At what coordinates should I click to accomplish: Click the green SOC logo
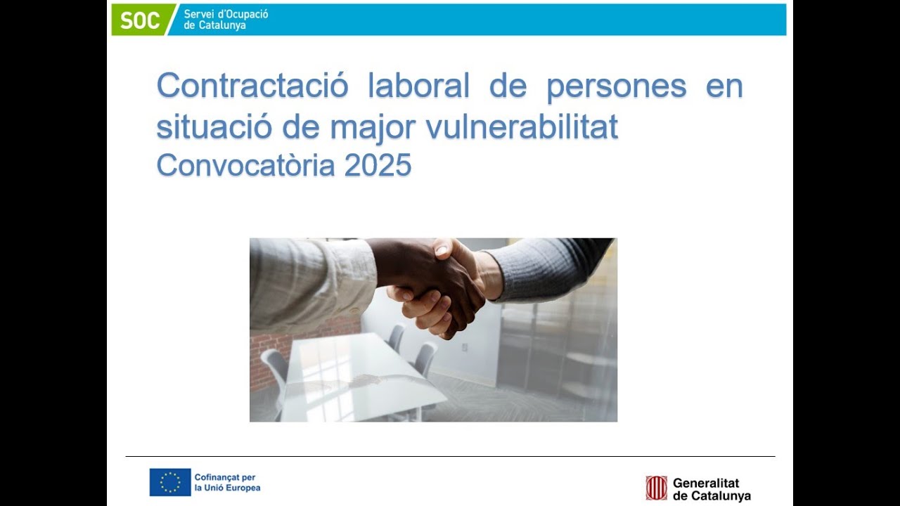tap(141, 20)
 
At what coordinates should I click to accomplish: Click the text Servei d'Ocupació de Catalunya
tap(225, 20)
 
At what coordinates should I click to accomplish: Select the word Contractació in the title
tap(252, 86)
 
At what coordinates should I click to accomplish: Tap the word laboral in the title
tap(418, 86)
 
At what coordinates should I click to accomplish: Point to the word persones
tap(616, 86)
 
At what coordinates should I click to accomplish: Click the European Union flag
tap(170, 482)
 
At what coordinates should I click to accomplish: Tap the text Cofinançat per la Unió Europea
tap(227, 482)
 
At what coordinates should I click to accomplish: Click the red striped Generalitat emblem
tap(656, 488)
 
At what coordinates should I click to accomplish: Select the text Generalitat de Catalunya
tap(711, 489)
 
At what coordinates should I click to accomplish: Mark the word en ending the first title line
tap(724, 86)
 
